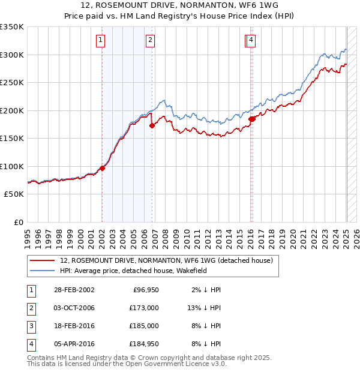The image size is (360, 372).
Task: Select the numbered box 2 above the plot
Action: (150, 40)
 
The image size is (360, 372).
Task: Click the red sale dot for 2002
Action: (102, 168)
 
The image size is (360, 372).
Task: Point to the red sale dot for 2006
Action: (152, 125)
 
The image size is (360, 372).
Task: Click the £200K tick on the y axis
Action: (12, 110)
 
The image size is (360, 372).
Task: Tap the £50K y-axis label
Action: (14, 194)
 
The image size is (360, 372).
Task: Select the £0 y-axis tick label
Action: (19, 223)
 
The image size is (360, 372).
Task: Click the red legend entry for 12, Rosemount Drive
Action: (166, 260)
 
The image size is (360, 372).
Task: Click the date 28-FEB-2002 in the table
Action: (74, 290)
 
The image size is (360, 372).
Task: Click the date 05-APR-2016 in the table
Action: (74, 344)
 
